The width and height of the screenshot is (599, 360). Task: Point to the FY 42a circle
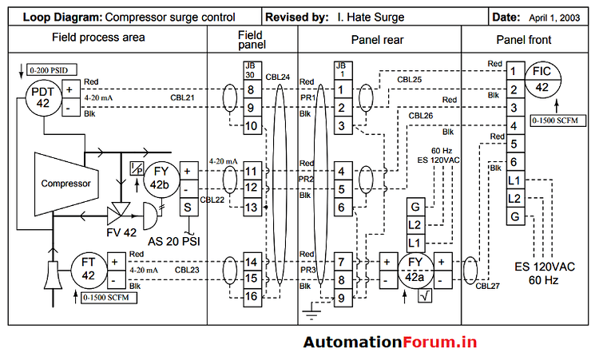pyautogui.click(x=415, y=270)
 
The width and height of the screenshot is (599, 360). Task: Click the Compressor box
pyautogui.click(x=66, y=184)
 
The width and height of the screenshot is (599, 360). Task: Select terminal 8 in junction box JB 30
pyautogui.click(x=250, y=90)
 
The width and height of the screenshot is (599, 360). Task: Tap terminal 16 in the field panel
pyautogui.click(x=250, y=296)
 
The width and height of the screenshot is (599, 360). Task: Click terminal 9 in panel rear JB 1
pyautogui.click(x=341, y=298)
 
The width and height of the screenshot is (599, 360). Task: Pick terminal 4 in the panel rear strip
pyautogui.click(x=341, y=171)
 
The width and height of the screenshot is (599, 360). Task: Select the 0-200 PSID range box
pyautogui.click(x=46, y=71)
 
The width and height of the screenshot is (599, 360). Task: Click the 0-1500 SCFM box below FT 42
pyautogui.click(x=109, y=297)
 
